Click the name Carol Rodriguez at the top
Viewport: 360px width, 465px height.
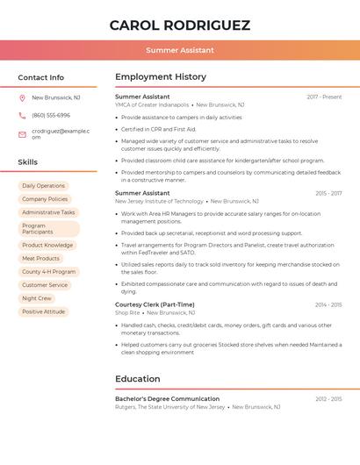[180, 25]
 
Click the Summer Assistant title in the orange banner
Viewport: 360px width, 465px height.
[180, 50]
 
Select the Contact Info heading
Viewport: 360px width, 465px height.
[40, 77]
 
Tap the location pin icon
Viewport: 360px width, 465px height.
[22, 98]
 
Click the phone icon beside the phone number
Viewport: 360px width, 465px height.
[22, 116]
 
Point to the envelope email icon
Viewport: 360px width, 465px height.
[22, 133]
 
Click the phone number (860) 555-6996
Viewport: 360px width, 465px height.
[51, 116]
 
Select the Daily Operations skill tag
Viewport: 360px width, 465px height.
[43, 186]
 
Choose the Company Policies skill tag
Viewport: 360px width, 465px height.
[45, 199]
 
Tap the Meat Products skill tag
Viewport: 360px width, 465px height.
[40, 259]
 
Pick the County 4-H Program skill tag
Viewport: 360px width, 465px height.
[48, 272]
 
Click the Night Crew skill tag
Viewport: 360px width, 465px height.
[37, 298]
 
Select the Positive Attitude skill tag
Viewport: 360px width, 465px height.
[43, 311]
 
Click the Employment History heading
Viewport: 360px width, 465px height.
[161, 77]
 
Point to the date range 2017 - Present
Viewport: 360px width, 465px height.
[324, 97]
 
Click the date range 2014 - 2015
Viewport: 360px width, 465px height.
[328, 304]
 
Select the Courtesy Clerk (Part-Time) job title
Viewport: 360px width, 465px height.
[155, 304]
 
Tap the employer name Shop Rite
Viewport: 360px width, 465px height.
[127, 312]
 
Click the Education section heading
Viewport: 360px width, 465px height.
[138, 379]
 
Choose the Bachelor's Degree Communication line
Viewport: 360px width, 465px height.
[167, 399]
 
